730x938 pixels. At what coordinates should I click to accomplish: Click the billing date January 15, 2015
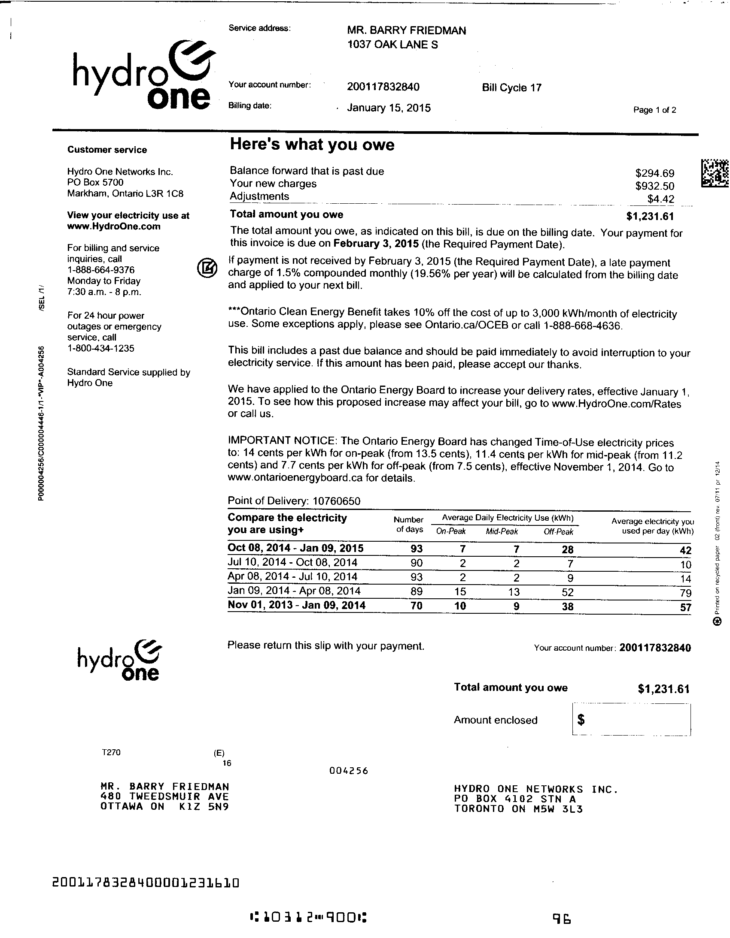(x=389, y=108)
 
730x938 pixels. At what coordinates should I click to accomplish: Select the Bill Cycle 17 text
(x=511, y=87)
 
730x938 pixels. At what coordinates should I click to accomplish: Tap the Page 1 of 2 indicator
(x=654, y=110)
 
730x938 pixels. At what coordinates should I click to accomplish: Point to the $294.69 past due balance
(x=654, y=173)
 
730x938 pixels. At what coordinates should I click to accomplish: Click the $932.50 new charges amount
(x=654, y=186)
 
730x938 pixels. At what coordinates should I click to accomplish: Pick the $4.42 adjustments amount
(x=660, y=199)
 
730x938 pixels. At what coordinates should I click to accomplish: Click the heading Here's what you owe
(x=312, y=145)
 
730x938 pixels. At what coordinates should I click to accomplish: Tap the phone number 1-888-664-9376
(x=101, y=270)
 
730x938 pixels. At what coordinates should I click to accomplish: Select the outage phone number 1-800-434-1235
(x=101, y=348)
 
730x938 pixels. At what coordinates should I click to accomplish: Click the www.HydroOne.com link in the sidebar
(x=114, y=226)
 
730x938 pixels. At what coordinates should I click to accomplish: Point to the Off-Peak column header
(x=559, y=532)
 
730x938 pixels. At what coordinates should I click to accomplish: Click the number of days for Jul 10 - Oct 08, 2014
(x=416, y=563)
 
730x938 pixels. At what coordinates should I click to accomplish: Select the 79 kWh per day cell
(x=685, y=593)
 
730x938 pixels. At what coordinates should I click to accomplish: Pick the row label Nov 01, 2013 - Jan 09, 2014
(x=297, y=606)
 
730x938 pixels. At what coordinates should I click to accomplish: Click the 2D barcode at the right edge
(x=715, y=173)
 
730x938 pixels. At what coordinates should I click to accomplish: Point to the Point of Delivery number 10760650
(x=336, y=501)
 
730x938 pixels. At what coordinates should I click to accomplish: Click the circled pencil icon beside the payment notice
(x=207, y=268)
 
